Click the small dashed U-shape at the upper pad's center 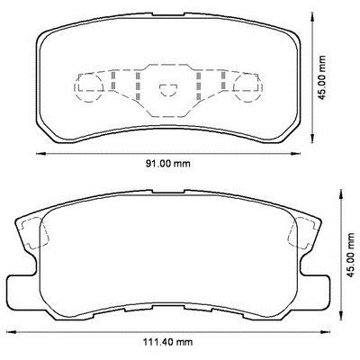pyautogui.click(x=164, y=86)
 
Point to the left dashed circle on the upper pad pyautogui.click(x=87, y=85)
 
